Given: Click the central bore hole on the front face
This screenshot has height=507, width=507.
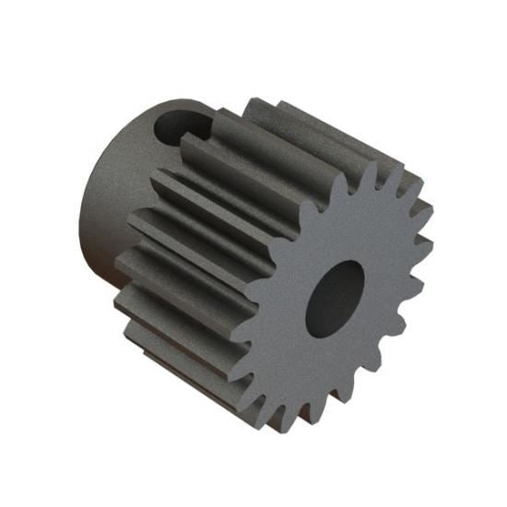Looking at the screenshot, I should (x=335, y=297).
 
